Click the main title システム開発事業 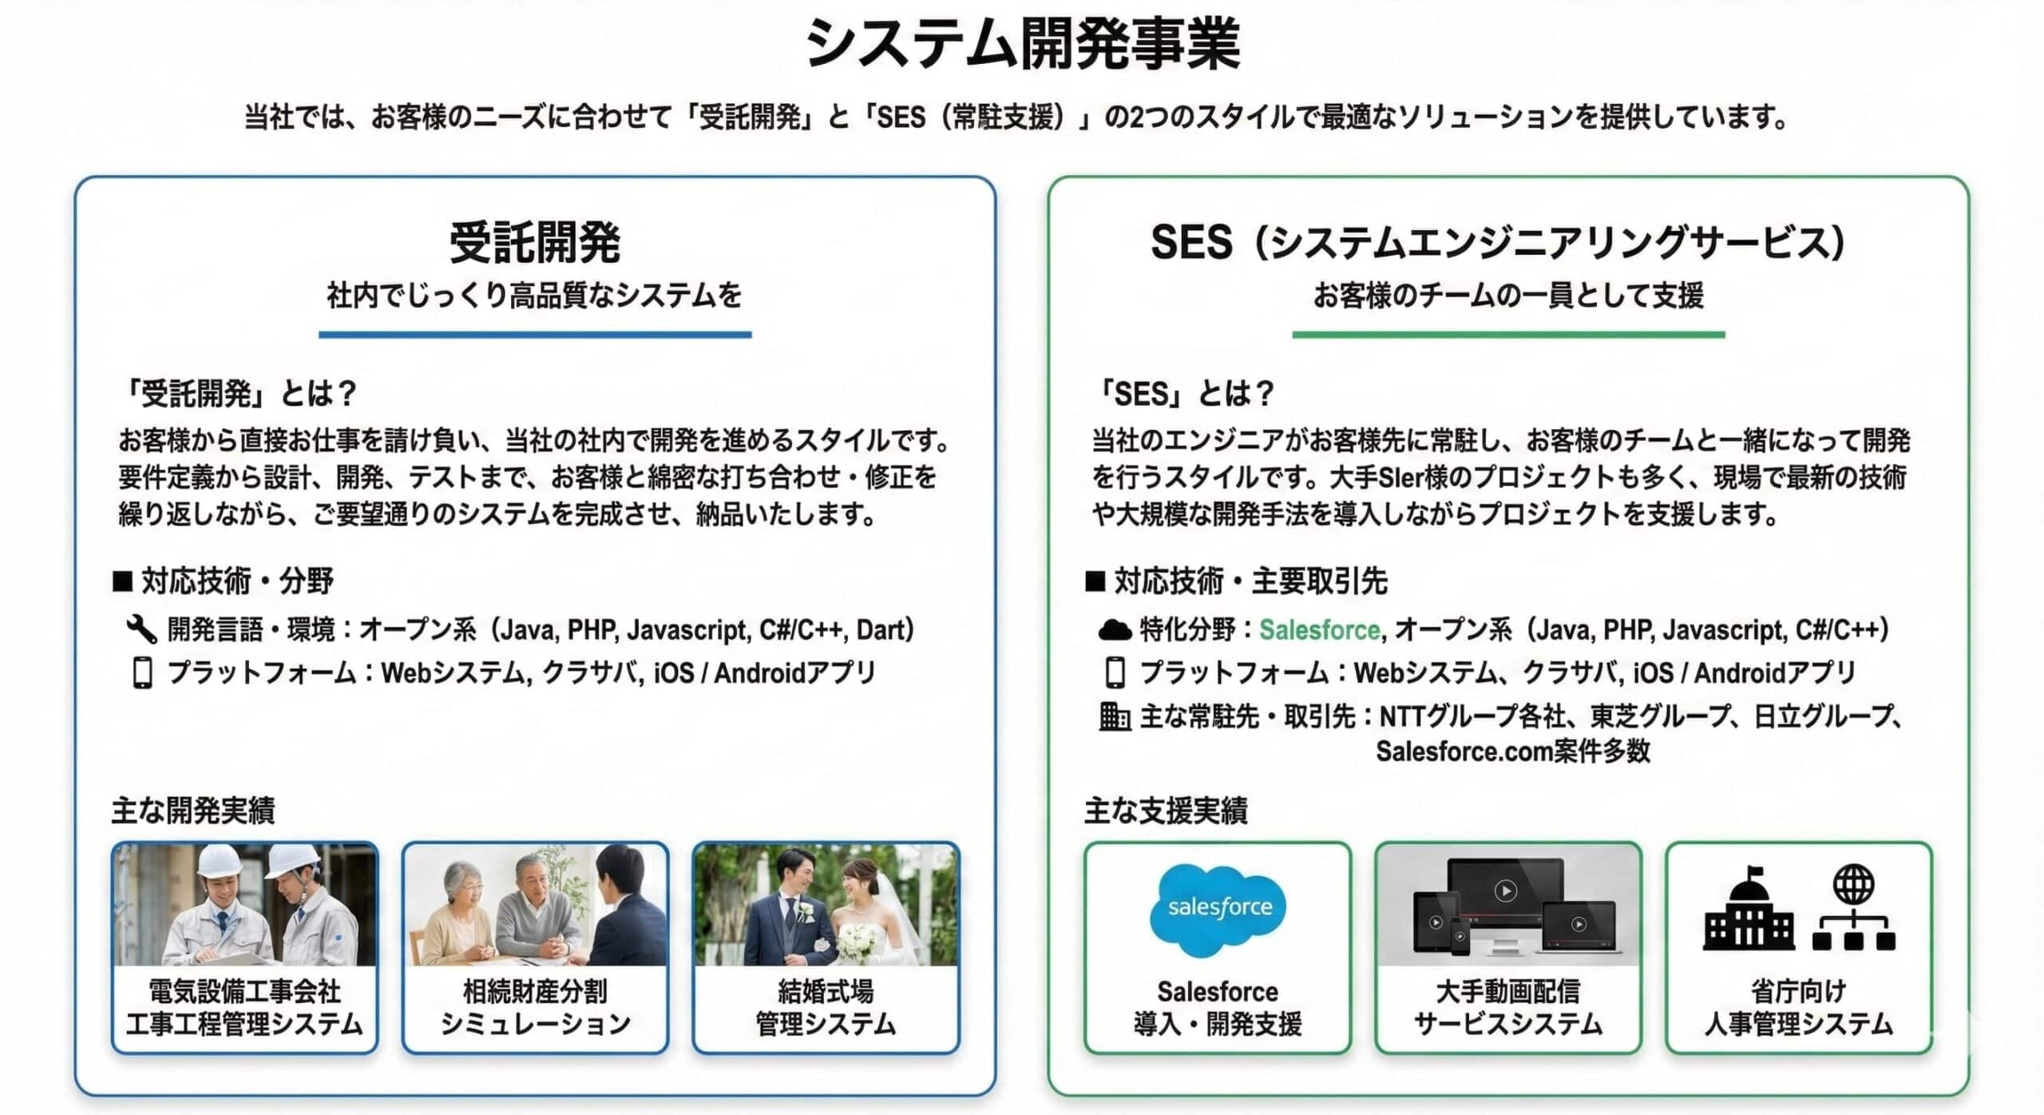click(1023, 43)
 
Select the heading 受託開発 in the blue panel click(535, 242)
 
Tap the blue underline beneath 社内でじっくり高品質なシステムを click(535, 335)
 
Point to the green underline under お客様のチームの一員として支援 click(1508, 335)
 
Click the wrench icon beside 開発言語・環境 click(141, 629)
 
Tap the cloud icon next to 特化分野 click(1115, 630)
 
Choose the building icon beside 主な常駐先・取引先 click(1115, 716)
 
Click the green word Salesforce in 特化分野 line click(1320, 630)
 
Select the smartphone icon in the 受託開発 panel click(142, 673)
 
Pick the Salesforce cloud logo click(1218, 911)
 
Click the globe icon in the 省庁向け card click(1853, 884)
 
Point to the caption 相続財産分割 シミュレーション click(535, 1007)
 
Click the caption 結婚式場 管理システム click(826, 1007)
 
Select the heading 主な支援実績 click(1166, 811)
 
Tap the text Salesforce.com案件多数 click(1512, 751)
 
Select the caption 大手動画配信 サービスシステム click(1508, 1007)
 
